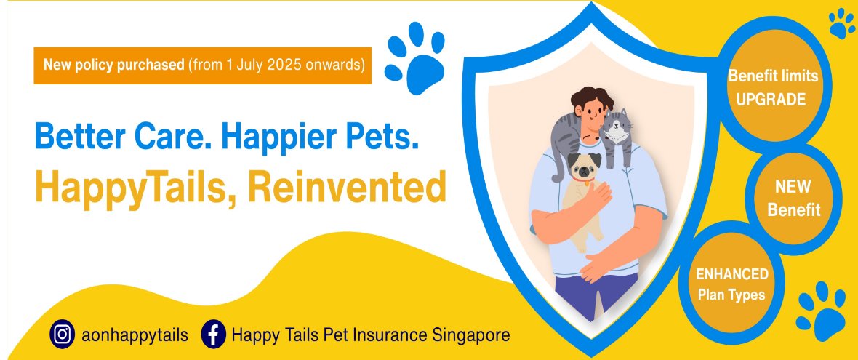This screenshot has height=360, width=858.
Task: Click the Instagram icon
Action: (x=63, y=335)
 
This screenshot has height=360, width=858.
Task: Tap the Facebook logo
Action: (x=213, y=335)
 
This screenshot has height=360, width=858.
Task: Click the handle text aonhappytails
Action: (x=134, y=335)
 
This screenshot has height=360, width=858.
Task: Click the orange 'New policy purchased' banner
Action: (x=202, y=65)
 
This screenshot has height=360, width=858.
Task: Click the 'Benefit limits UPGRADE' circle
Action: (x=773, y=87)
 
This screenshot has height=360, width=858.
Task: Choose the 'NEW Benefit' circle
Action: (x=793, y=199)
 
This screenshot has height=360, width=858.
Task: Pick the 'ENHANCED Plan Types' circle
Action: (x=731, y=284)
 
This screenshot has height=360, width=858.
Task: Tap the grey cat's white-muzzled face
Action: (x=617, y=128)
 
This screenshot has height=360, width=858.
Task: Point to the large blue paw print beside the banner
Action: (x=414, y=58)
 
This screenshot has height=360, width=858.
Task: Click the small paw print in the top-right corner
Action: (x=841, y=23)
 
